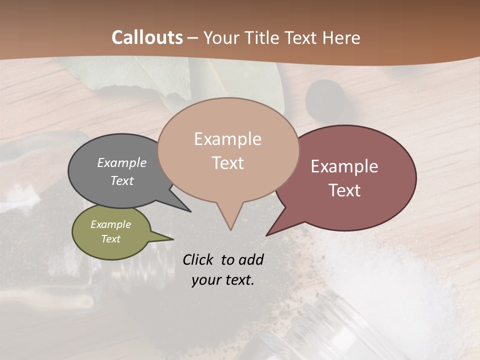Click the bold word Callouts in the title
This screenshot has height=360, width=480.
(147, 37)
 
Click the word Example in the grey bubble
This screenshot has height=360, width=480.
(122, 163)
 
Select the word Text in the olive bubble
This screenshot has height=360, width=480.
(111, 239)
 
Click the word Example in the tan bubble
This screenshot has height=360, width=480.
(227, 139)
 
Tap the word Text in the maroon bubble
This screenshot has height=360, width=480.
(344, 190)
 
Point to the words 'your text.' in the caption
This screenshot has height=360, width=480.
(223, 280)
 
